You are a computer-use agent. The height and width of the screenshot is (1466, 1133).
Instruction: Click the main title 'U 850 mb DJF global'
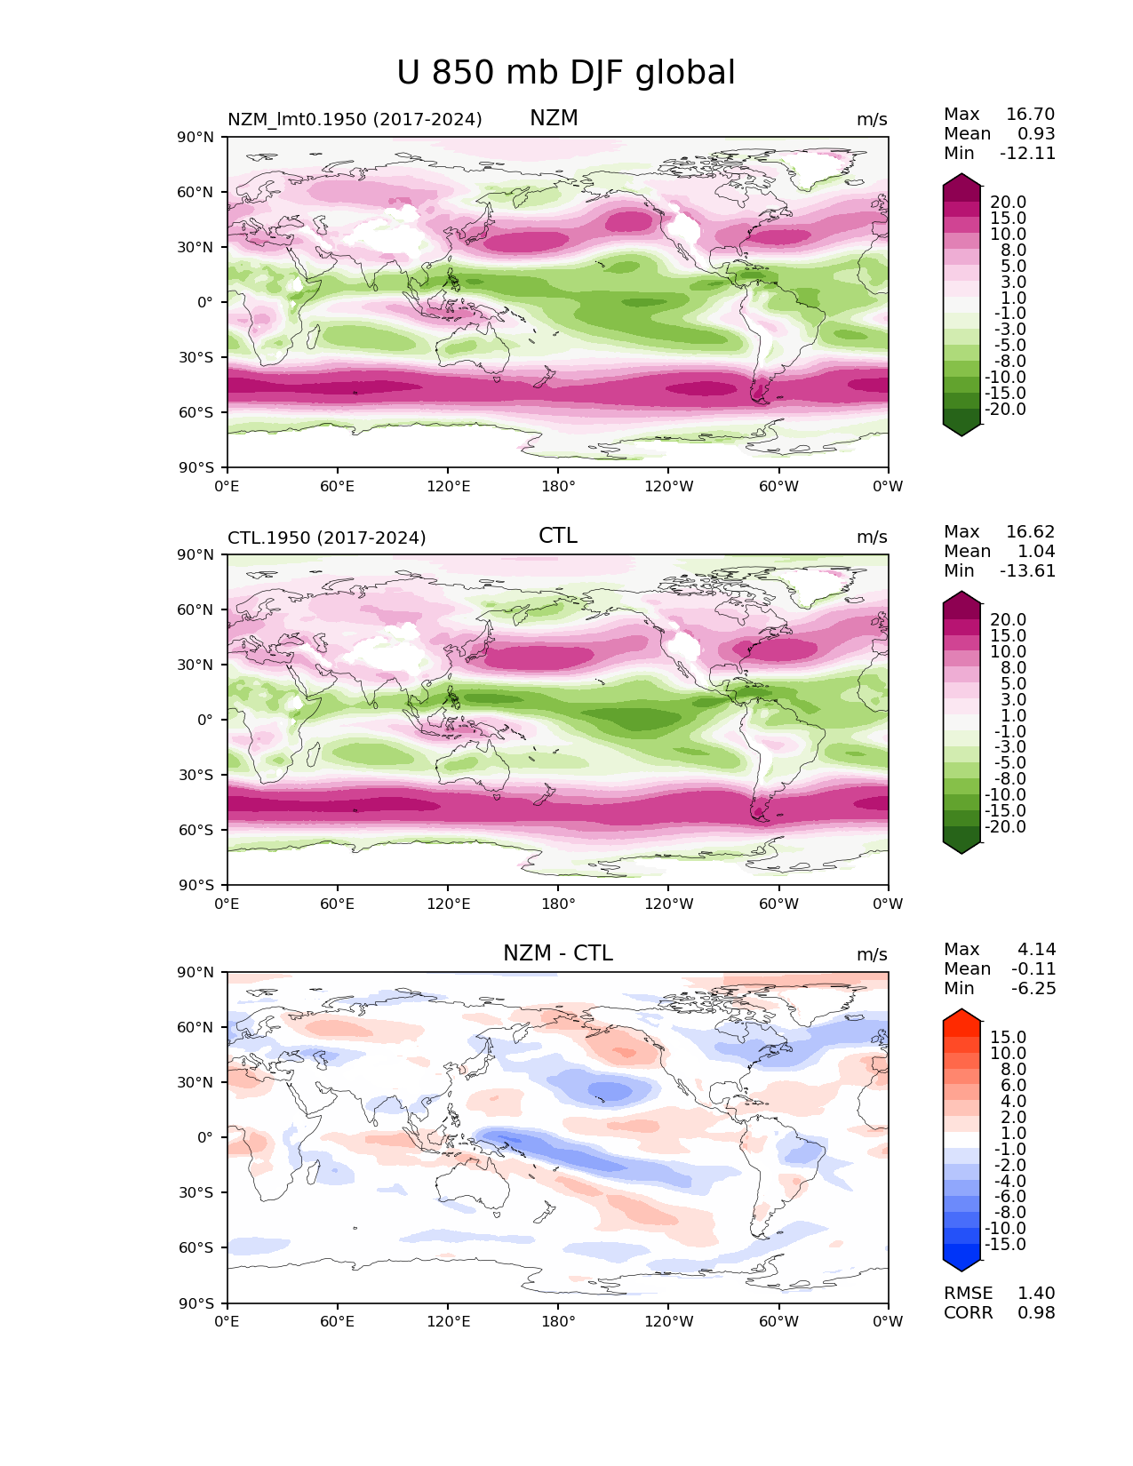(565, 72)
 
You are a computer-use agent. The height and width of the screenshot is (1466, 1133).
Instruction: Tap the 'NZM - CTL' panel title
(557, 953)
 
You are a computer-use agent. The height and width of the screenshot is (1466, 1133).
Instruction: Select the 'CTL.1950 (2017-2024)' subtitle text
(327, 538)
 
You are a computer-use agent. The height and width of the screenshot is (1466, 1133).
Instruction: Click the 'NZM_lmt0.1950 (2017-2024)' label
(355, 119)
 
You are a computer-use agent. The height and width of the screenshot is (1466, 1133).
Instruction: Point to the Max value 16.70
(1030, 114)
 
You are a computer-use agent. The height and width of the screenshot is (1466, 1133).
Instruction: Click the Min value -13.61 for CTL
(1027, 570)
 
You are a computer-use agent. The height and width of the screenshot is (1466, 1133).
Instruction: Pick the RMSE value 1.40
(1036, 1293)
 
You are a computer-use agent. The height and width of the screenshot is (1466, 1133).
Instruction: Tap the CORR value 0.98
(1036, 1312)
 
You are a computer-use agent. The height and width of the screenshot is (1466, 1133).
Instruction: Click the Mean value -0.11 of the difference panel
(1033, 968)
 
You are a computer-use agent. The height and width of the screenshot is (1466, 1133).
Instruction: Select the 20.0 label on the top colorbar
(1008, 202)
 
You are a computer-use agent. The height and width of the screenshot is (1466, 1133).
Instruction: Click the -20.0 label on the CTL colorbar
(1005, 826)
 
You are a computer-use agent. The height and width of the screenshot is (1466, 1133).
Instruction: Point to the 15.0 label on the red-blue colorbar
(1008, 1037)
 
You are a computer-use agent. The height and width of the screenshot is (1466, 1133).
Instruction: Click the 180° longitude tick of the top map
(558, 486)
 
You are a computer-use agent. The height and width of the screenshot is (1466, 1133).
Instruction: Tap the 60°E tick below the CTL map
(337, 904)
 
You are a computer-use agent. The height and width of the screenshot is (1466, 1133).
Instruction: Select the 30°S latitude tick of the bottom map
(195, 1192)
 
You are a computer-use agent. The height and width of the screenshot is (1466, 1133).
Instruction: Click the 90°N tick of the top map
(195, 137)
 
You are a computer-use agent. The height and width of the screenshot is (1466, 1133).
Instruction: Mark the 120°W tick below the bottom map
(669, 1321)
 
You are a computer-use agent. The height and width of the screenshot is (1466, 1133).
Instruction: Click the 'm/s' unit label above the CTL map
(872, 537)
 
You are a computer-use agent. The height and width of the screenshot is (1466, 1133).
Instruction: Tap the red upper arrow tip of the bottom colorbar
(961, 1010)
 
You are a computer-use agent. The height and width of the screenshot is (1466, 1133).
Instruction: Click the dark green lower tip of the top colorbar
(961, 435)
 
